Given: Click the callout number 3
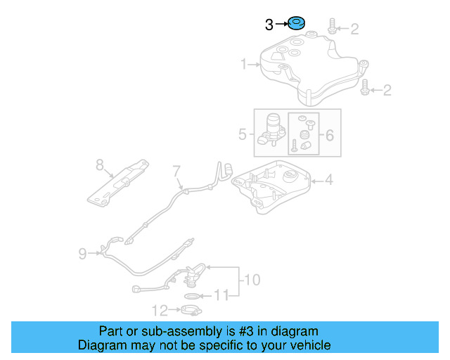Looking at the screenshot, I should coord(269,25).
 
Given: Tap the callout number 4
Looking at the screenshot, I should coord(328,180).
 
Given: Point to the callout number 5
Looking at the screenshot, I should coord(243,132).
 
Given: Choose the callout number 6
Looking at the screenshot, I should coord(329,132).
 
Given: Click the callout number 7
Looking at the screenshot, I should coord(177,170).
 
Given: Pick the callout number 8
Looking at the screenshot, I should coord(100,165).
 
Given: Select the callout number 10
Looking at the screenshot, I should coord(251,280).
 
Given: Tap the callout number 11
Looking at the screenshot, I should coord(221,295).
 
